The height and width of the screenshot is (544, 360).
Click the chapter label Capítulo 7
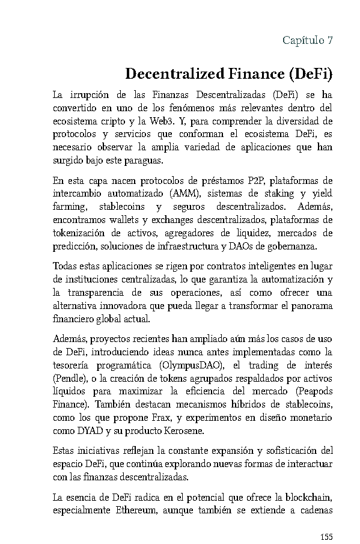pyautogui.click(x=307, y=41)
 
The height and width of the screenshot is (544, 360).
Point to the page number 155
pyautogui.click(x=325, y=536)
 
